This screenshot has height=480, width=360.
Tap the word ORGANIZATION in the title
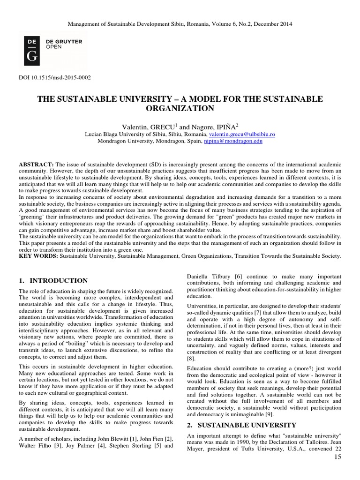180,108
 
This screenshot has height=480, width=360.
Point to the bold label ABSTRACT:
36,165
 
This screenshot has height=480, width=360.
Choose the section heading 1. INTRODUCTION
53,281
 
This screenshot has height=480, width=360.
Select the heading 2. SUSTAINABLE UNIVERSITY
238,425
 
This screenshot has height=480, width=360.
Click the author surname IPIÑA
225,126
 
